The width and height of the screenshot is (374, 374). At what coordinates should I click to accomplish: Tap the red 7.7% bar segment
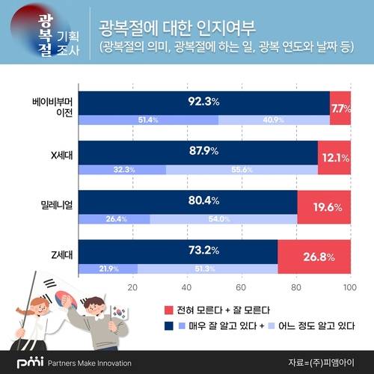click(x=340, y=108)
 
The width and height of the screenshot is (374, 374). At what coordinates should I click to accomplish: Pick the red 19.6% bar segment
click(x=324, y=208)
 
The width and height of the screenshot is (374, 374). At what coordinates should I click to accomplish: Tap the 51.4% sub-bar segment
click(x=148, y=120)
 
